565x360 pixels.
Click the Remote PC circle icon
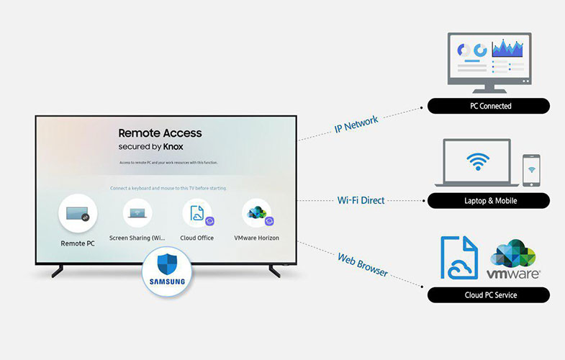tap(78, 215)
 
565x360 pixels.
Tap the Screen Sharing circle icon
tap(137, 213)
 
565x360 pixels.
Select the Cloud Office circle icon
tap(196, 213)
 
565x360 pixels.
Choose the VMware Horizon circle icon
tap(256, 213)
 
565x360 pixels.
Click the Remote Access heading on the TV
tap(160, 132)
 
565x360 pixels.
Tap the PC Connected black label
tap(489, 106)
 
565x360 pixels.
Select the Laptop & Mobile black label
tap(489, 201)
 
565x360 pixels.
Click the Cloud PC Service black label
tap(489, 295)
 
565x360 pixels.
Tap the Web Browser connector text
tap(363, 264)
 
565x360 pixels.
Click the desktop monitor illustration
tap(489, 60)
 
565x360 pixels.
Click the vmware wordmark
tap(513, 274)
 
